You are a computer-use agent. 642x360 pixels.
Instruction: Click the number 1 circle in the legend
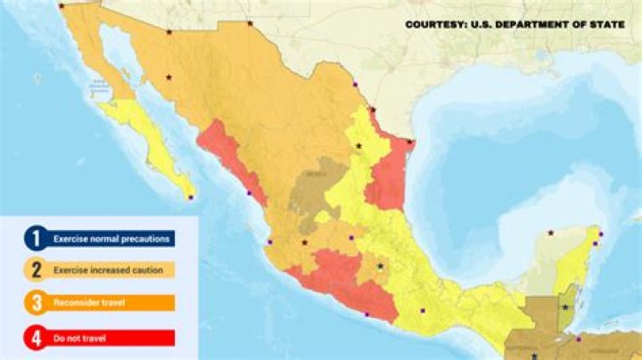coord(37,238)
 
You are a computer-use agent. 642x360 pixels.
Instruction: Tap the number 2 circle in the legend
coord(37,269)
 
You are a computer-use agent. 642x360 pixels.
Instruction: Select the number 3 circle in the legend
coord(37,303)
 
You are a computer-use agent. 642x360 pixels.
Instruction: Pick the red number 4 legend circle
coord(37,338)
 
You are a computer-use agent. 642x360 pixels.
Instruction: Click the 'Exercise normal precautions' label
coord(112,239)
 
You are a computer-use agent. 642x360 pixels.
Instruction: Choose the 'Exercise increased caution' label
coord(112,270)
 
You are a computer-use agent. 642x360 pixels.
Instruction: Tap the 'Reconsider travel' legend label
coord(89,303)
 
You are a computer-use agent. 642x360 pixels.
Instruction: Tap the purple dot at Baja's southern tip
coord(190,197)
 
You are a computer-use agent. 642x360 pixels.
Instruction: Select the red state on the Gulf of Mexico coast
coord(386,178)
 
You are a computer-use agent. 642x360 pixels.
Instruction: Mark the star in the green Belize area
coord(564,307)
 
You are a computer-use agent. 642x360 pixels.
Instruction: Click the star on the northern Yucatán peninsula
coord(551,233)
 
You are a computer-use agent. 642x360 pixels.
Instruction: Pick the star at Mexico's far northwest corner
coord(62,5)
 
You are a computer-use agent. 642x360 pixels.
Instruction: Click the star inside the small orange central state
coord(381,266)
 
